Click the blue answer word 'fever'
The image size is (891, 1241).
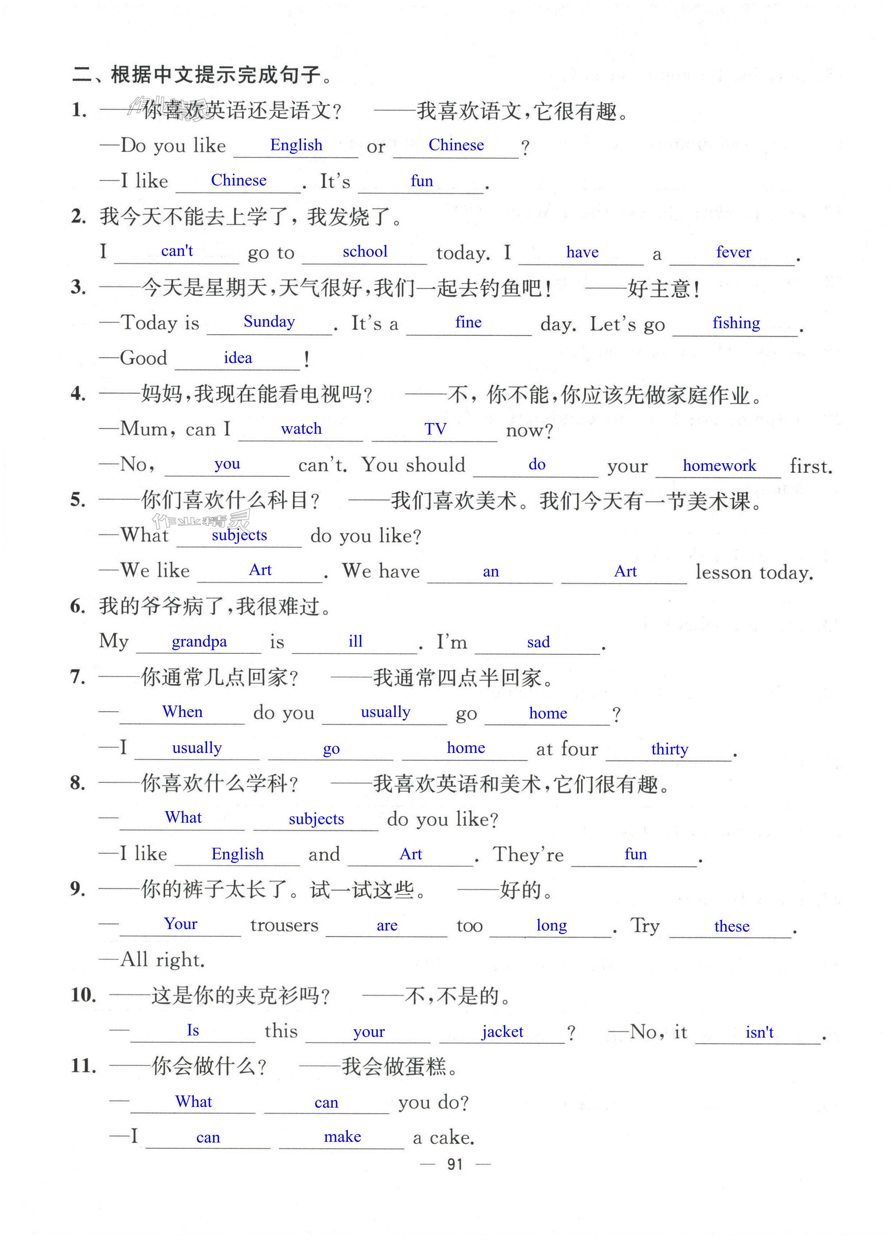(733, 252)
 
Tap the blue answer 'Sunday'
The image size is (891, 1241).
(269, 322)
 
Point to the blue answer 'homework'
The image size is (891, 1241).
(719, 466)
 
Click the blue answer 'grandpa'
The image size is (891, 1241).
(199, 641)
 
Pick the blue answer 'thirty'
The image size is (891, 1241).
(669, 749)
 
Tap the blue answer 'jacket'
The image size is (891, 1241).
(502, 1032)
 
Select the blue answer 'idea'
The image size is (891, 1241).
(238, 358)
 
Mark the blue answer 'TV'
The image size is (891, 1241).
(435, 429)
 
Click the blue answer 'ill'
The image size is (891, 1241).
(355, 641)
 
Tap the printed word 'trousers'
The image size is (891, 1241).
(284, 925)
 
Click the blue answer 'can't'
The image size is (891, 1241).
(177, 251)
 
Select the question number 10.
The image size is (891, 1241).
(83, 995)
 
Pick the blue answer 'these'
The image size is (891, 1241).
(732, 927)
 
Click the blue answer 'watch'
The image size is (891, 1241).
(301, 429)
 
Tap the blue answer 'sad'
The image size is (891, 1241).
(538, 642)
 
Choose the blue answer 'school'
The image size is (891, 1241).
(365, 252)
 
